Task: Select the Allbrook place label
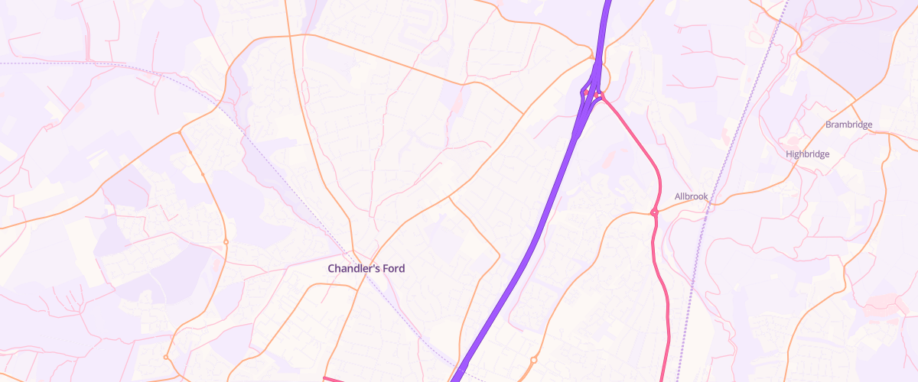pos(692,196)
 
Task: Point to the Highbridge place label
pos(807,154)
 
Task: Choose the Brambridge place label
pos(848,125)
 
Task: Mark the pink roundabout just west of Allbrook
pos(654,212)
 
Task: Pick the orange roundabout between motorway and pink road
pos(533,359)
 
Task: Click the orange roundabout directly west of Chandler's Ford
pos(226,242)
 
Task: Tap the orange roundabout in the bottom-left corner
pos(165,357)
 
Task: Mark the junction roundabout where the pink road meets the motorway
pos(601,95)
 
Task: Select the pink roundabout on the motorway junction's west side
pos(584,93)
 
